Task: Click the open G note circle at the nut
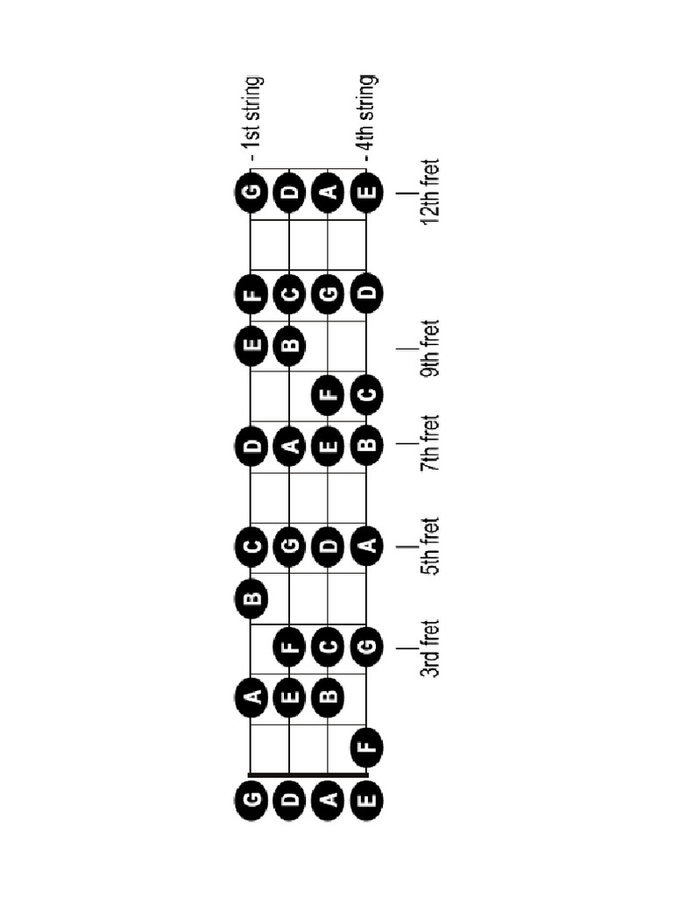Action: (x=252, y=799)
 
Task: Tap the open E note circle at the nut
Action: (x=367, y=799)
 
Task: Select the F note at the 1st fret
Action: (x=367, y=747)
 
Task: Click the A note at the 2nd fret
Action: (x=252, y=698)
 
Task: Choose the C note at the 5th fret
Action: (x=252, y=548)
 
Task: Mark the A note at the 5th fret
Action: (x=367, y=548)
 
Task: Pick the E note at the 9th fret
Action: (x=252, y=348)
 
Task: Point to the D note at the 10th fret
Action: (x=367, y=296)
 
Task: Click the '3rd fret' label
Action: (x=429, y=648)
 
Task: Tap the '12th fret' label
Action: (x=429, y=192)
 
